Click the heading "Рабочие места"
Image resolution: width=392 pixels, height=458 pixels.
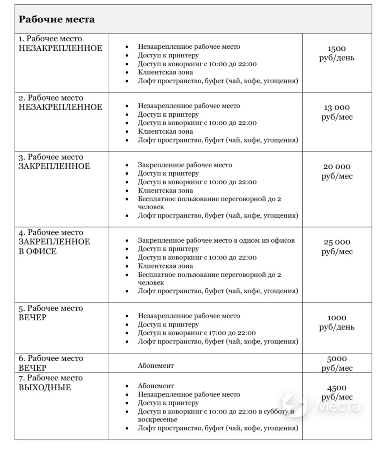pyautogui.click(x=56, y=20)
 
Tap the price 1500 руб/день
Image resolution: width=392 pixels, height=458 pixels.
pyautogui.click(x=337, y=53)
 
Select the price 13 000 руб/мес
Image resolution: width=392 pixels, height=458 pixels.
pyautogui.click(x=337, y=112)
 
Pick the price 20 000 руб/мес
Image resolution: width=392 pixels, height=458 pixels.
pyautogui.click(x=337, y=171)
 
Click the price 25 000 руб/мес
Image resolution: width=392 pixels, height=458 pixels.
pyautogui.click(x=337, y=247)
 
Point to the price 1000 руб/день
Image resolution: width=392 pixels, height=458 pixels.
pyautogui.click(x=337, y=322)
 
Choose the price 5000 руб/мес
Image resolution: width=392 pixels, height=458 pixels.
pyautogui.click(x=337, y=363)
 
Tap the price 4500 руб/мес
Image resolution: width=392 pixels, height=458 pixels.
pyautogui.click(x=337, y=392)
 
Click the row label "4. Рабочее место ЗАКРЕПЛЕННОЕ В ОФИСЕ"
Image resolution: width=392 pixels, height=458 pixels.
pyautogui.click(x=54, y=242)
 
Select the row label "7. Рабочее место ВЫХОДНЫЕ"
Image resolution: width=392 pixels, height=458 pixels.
pyautogui.click(x=51, y=383)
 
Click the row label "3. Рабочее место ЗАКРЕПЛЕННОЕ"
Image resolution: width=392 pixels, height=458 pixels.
pyautogui.click(x=54, y=162)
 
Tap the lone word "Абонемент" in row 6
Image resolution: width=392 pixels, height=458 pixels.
pyautogui.click(x=155, y=365)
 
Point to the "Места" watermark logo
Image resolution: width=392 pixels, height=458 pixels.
pyautogui.click(x=321, y=406)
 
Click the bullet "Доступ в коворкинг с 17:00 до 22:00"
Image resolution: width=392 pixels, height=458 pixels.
pyautogui.click(x=197, y=333)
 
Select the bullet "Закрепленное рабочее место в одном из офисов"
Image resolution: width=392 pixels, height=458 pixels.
pyautogui.click(x=216, y=240)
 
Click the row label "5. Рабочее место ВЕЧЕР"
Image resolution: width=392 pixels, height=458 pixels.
pyautogui.click(x=51, y=313)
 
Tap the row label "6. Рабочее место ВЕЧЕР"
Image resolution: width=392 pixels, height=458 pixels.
pyautogui.click(x=51, y=363)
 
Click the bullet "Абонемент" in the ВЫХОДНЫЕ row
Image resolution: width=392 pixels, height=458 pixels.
pyautogui.click(x=155, y=386)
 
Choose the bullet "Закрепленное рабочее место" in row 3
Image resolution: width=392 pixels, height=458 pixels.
pyautogui.click(x=185, y=165)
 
